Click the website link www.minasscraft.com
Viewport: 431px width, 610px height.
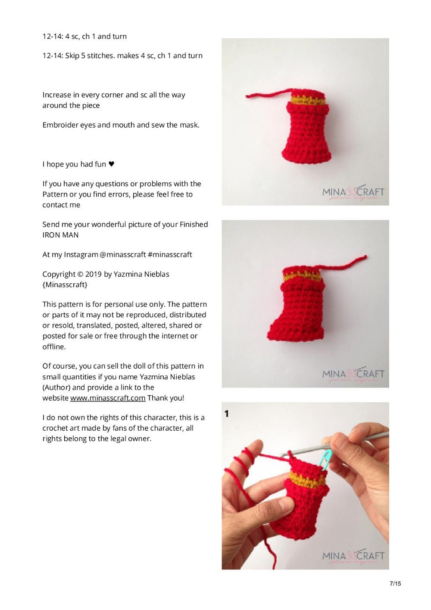(x=107, y=398)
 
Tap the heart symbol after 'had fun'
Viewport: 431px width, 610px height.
(x=111, y=164)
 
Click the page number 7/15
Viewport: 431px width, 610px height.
(x=395, y=584)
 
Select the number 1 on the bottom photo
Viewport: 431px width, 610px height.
(x=227, y=414)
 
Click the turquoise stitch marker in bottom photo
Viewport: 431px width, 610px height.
(x=326, y=460)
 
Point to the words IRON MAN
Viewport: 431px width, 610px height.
(x=60, y=235)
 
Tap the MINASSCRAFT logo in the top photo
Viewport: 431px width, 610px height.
(x=353, y=193)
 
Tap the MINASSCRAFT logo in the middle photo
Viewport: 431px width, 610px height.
(x=353, y=375)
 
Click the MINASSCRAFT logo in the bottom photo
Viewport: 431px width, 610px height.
(x=353, y=557)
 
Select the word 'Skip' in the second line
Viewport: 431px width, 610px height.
(x=72, y=56)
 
